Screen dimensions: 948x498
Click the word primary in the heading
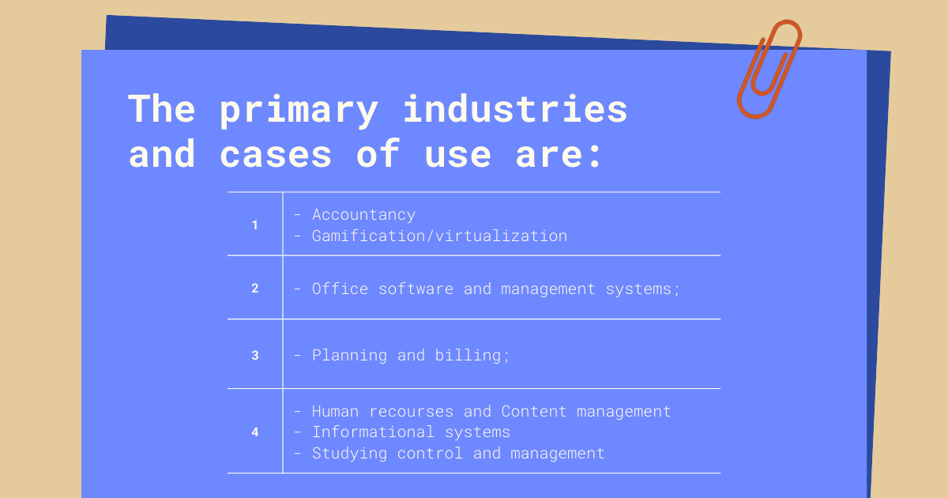[x=299, y=111]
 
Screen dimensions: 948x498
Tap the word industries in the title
[x=514, y=108]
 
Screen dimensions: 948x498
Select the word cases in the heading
[x=276, y=155]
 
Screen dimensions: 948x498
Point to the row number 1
[x=254, y=224]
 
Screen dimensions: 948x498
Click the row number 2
[x=254, y=289]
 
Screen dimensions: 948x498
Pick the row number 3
[x=254, y=355]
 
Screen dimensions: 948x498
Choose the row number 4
[x=254, y=432]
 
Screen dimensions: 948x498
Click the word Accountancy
[x=364, y=215]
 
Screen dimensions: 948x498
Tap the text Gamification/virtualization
[x=440, y=236]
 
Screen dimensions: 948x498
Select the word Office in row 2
[x=340, y=289]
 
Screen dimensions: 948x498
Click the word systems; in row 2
[x=643, y=289]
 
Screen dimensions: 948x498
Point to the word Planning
[x=349, y=356]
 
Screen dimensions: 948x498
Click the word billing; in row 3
[x=472, y=355]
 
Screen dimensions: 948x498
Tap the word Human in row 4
[x=335, y=412]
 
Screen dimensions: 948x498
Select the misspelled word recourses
[x=412, y=412]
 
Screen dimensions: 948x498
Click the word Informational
[x=373, y=432]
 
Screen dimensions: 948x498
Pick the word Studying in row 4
[x=349, y=454]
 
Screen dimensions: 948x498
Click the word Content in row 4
[x=534, y=412]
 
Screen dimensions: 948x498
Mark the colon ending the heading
[x=596, y=156]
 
